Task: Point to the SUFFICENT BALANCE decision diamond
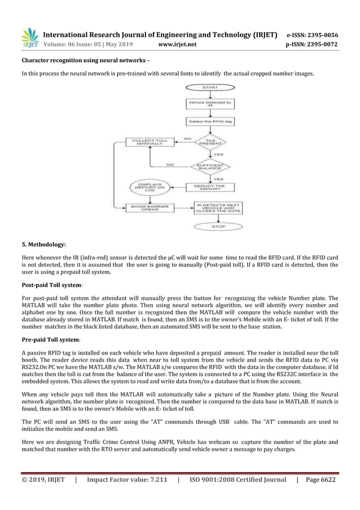210,167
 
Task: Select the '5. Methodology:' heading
43,245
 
